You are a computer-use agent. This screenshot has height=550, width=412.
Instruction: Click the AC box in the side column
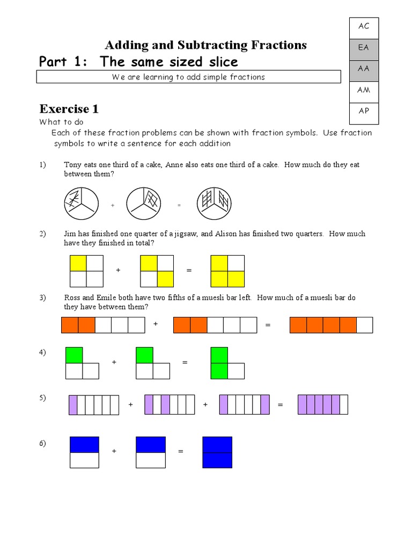364,26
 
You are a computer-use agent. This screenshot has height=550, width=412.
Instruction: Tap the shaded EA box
364,47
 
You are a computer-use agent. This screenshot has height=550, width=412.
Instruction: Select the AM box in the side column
364,90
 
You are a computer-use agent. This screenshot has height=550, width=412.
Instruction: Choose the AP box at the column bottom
364,111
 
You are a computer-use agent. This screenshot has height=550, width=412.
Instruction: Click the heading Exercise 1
69,109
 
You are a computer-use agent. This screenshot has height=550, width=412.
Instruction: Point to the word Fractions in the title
278,45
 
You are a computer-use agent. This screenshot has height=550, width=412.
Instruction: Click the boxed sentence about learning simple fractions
188,77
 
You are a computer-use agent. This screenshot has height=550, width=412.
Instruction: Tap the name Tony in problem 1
72,165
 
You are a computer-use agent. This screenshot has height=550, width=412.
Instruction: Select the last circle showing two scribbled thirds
214,204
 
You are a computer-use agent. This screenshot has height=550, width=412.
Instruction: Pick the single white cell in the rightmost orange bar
364,325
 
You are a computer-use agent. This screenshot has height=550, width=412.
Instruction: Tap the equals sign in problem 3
268,325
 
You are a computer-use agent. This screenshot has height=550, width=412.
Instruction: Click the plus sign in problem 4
114,363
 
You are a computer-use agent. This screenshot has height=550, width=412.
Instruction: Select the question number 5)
42,398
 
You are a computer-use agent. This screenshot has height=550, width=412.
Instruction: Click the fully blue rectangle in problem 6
217,452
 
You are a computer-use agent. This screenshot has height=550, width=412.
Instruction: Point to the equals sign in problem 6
181,452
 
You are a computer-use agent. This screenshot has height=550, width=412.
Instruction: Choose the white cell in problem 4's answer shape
236,371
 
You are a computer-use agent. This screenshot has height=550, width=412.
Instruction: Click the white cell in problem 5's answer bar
344,404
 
